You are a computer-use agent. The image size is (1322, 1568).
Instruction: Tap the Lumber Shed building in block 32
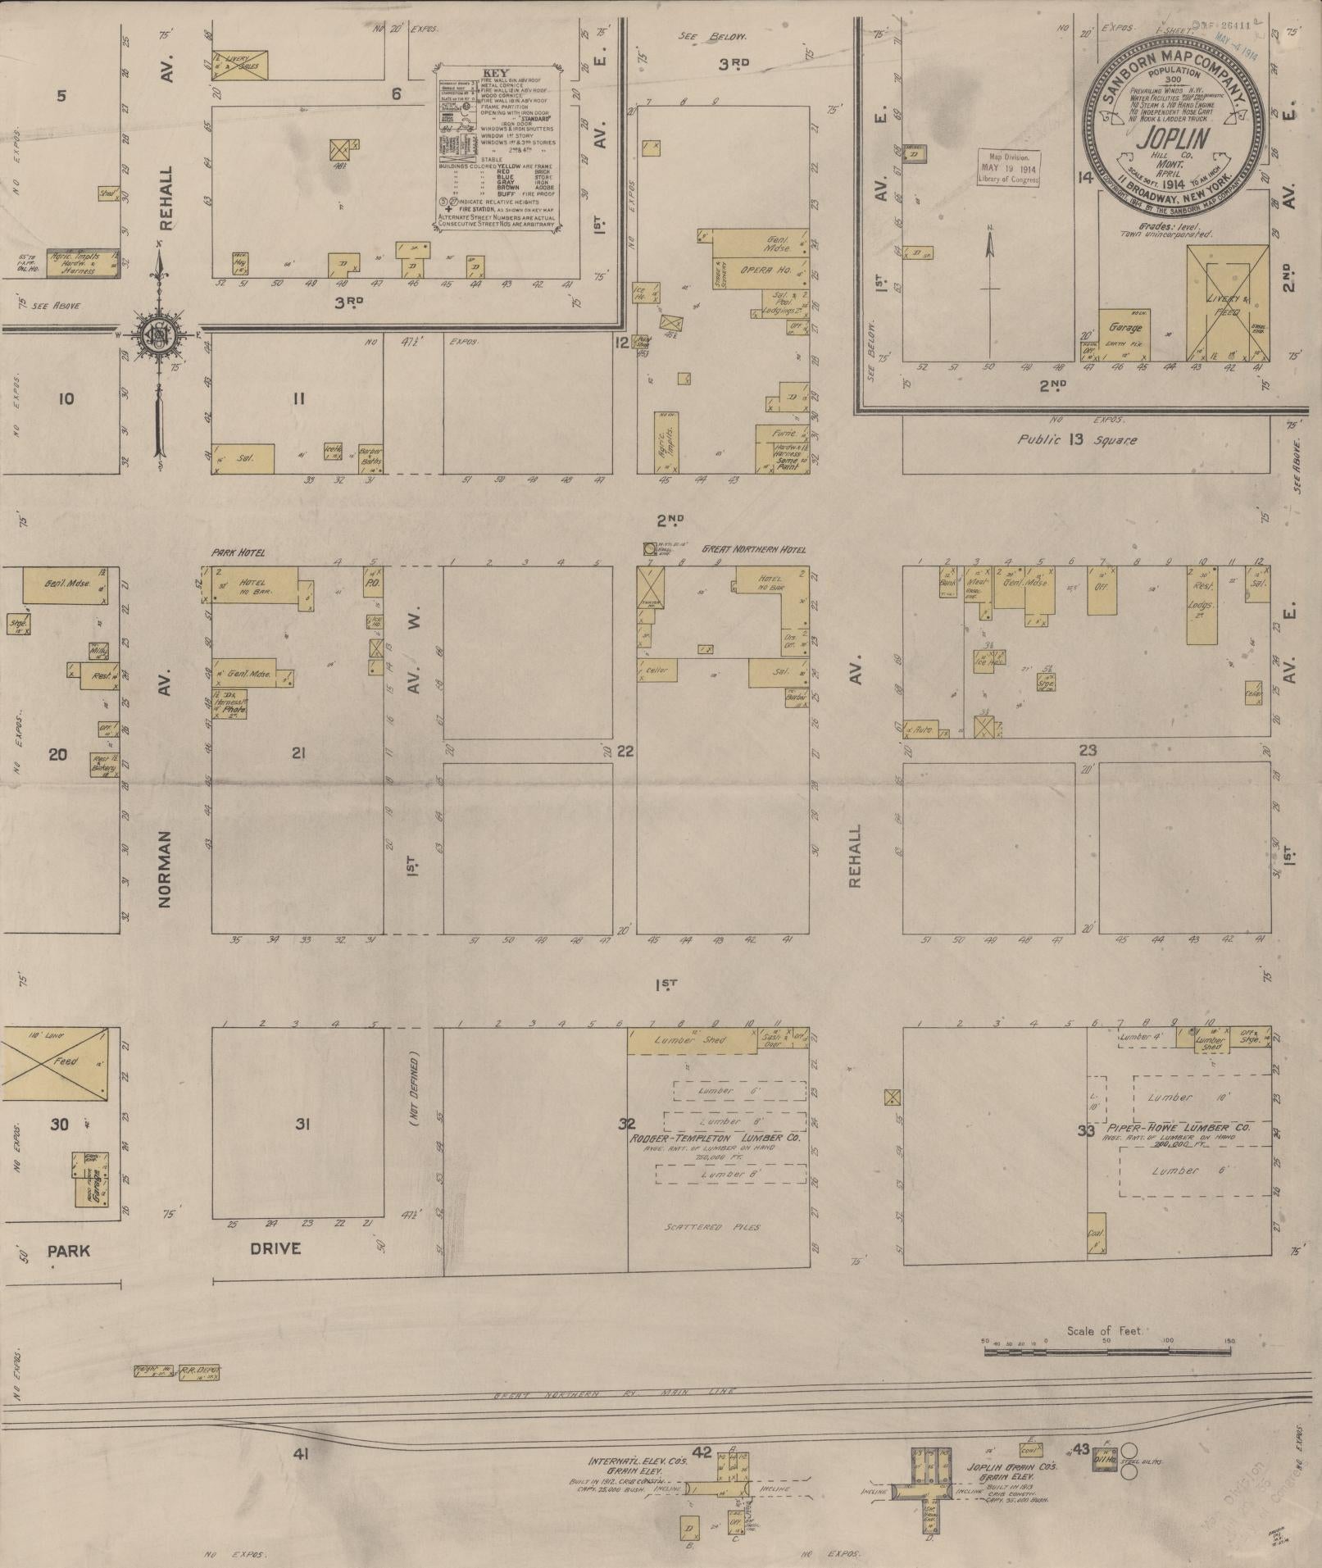693,1040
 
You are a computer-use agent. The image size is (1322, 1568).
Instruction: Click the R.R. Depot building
200,1370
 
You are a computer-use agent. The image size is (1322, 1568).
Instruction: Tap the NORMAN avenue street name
164,868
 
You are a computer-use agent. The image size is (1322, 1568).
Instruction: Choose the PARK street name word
68,1252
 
